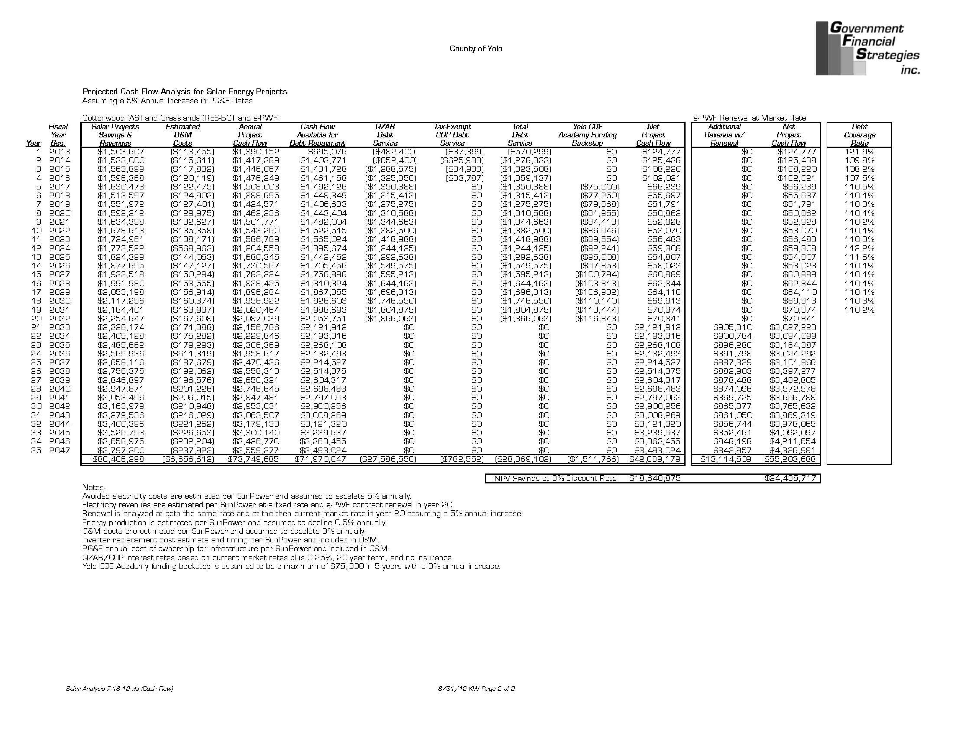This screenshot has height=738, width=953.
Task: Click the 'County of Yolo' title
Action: [476, 48]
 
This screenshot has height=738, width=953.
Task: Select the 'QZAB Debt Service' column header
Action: [385, 135]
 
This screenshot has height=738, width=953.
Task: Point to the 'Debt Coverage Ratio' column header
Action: [859, 135]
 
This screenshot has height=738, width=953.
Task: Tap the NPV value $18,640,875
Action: [655, 478]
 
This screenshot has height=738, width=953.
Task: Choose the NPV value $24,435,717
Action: [790, 478]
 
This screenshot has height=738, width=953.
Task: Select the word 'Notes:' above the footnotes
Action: [94, 488]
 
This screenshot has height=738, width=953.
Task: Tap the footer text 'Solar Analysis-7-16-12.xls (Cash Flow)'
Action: [120, 689]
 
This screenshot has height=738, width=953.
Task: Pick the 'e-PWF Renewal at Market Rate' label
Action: [749, 118]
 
